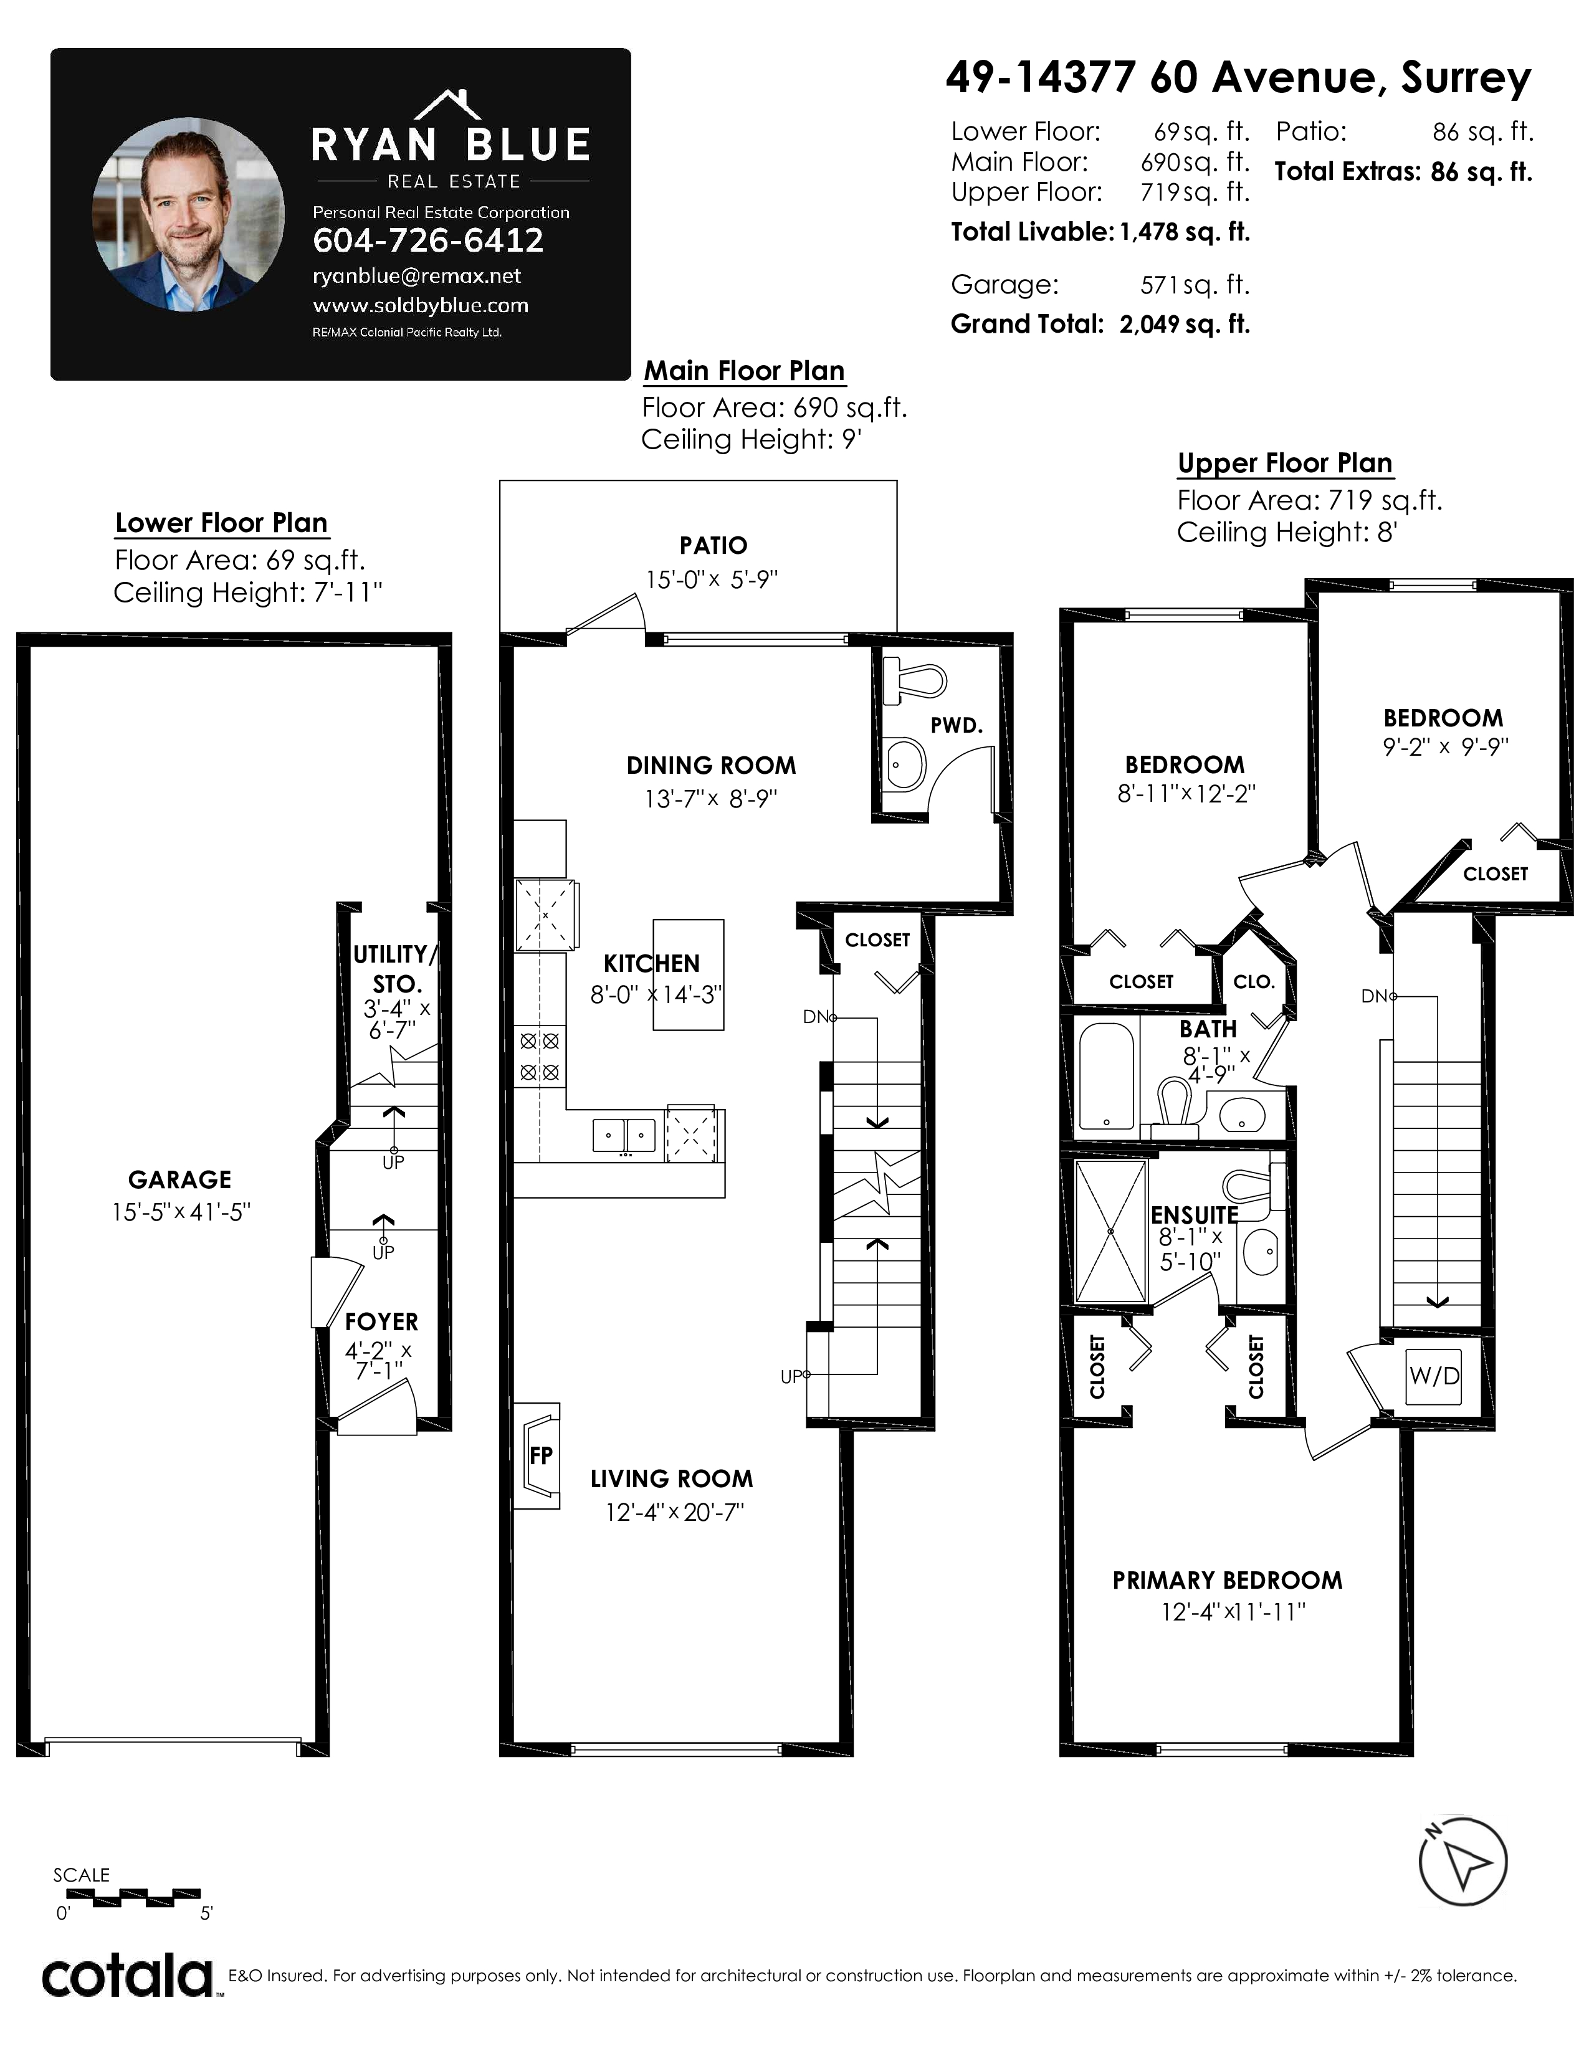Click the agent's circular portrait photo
[188, 215]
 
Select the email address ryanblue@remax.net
[416, 276]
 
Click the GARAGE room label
[180, 1179]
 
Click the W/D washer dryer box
[1434, 1376]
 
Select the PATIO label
[713, 545]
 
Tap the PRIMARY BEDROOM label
[1228, 1579]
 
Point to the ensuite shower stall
[1111, 1230]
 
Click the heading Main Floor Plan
[743, 371]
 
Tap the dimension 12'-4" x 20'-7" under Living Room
[674, 1512]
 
